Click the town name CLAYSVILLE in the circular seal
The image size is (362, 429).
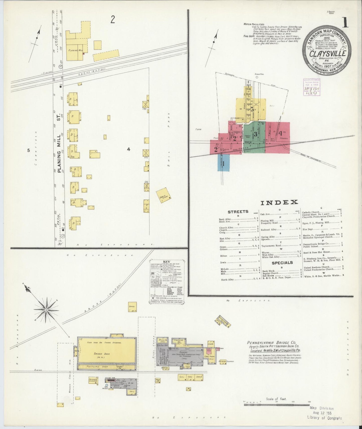(x=328, y=54)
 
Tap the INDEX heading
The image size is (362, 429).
(x=279, y=202)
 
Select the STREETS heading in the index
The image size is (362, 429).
(x=238, y=212)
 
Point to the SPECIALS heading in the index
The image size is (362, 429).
(x=282, y=263)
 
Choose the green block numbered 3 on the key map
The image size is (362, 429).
(x=255, y=134)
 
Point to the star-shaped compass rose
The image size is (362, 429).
(x=46, y=310)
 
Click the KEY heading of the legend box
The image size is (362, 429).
(x=166, y=262)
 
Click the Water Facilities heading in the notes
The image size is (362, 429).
(x=254, y=24)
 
